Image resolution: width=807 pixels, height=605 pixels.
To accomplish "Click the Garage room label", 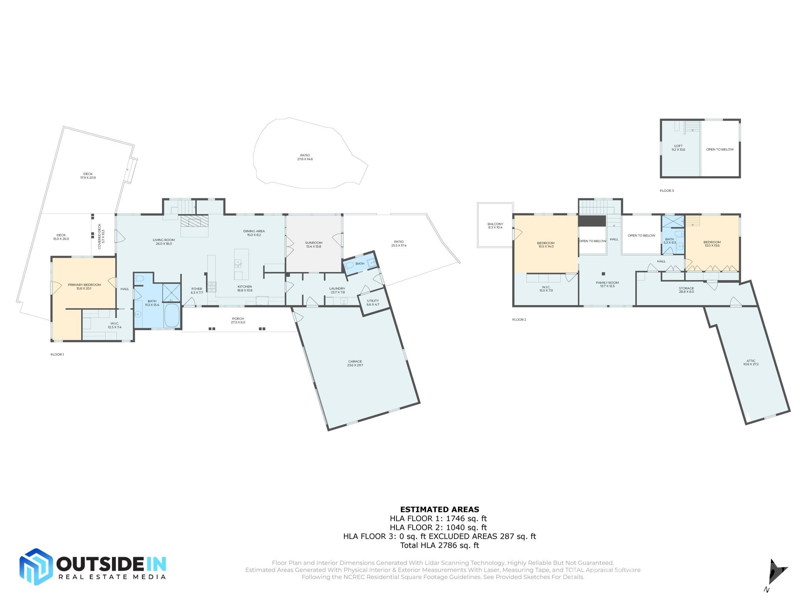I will point(355,363).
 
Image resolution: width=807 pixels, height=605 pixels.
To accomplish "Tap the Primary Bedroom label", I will point(84,286).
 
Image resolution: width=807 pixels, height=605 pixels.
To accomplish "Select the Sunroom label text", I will point(314,245).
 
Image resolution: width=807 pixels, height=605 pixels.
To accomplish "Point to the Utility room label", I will point(373,302).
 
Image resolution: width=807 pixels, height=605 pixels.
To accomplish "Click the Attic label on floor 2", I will point(751,362).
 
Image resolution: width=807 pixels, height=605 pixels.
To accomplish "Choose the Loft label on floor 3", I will point(678,148).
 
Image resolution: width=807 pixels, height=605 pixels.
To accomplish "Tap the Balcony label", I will point(495,225).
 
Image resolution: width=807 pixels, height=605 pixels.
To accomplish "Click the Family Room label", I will point(607,284).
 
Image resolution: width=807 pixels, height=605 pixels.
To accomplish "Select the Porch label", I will point(238,320).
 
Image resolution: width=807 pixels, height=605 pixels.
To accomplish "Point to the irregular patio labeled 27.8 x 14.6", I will point(305,157).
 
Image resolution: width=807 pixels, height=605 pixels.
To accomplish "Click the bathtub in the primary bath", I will point(171,315).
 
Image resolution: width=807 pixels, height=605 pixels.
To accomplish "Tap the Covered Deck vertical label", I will point(101,236).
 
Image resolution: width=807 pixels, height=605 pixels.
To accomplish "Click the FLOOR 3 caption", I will point(667,191).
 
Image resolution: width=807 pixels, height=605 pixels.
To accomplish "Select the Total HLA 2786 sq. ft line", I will point(439,546).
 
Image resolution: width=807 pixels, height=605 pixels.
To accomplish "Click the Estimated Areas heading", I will point(439,509).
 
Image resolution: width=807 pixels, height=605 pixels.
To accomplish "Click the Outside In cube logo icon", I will point(36,566).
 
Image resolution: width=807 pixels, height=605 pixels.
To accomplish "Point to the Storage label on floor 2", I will point(686,290).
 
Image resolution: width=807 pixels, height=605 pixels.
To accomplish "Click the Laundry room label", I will point(337,290).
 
